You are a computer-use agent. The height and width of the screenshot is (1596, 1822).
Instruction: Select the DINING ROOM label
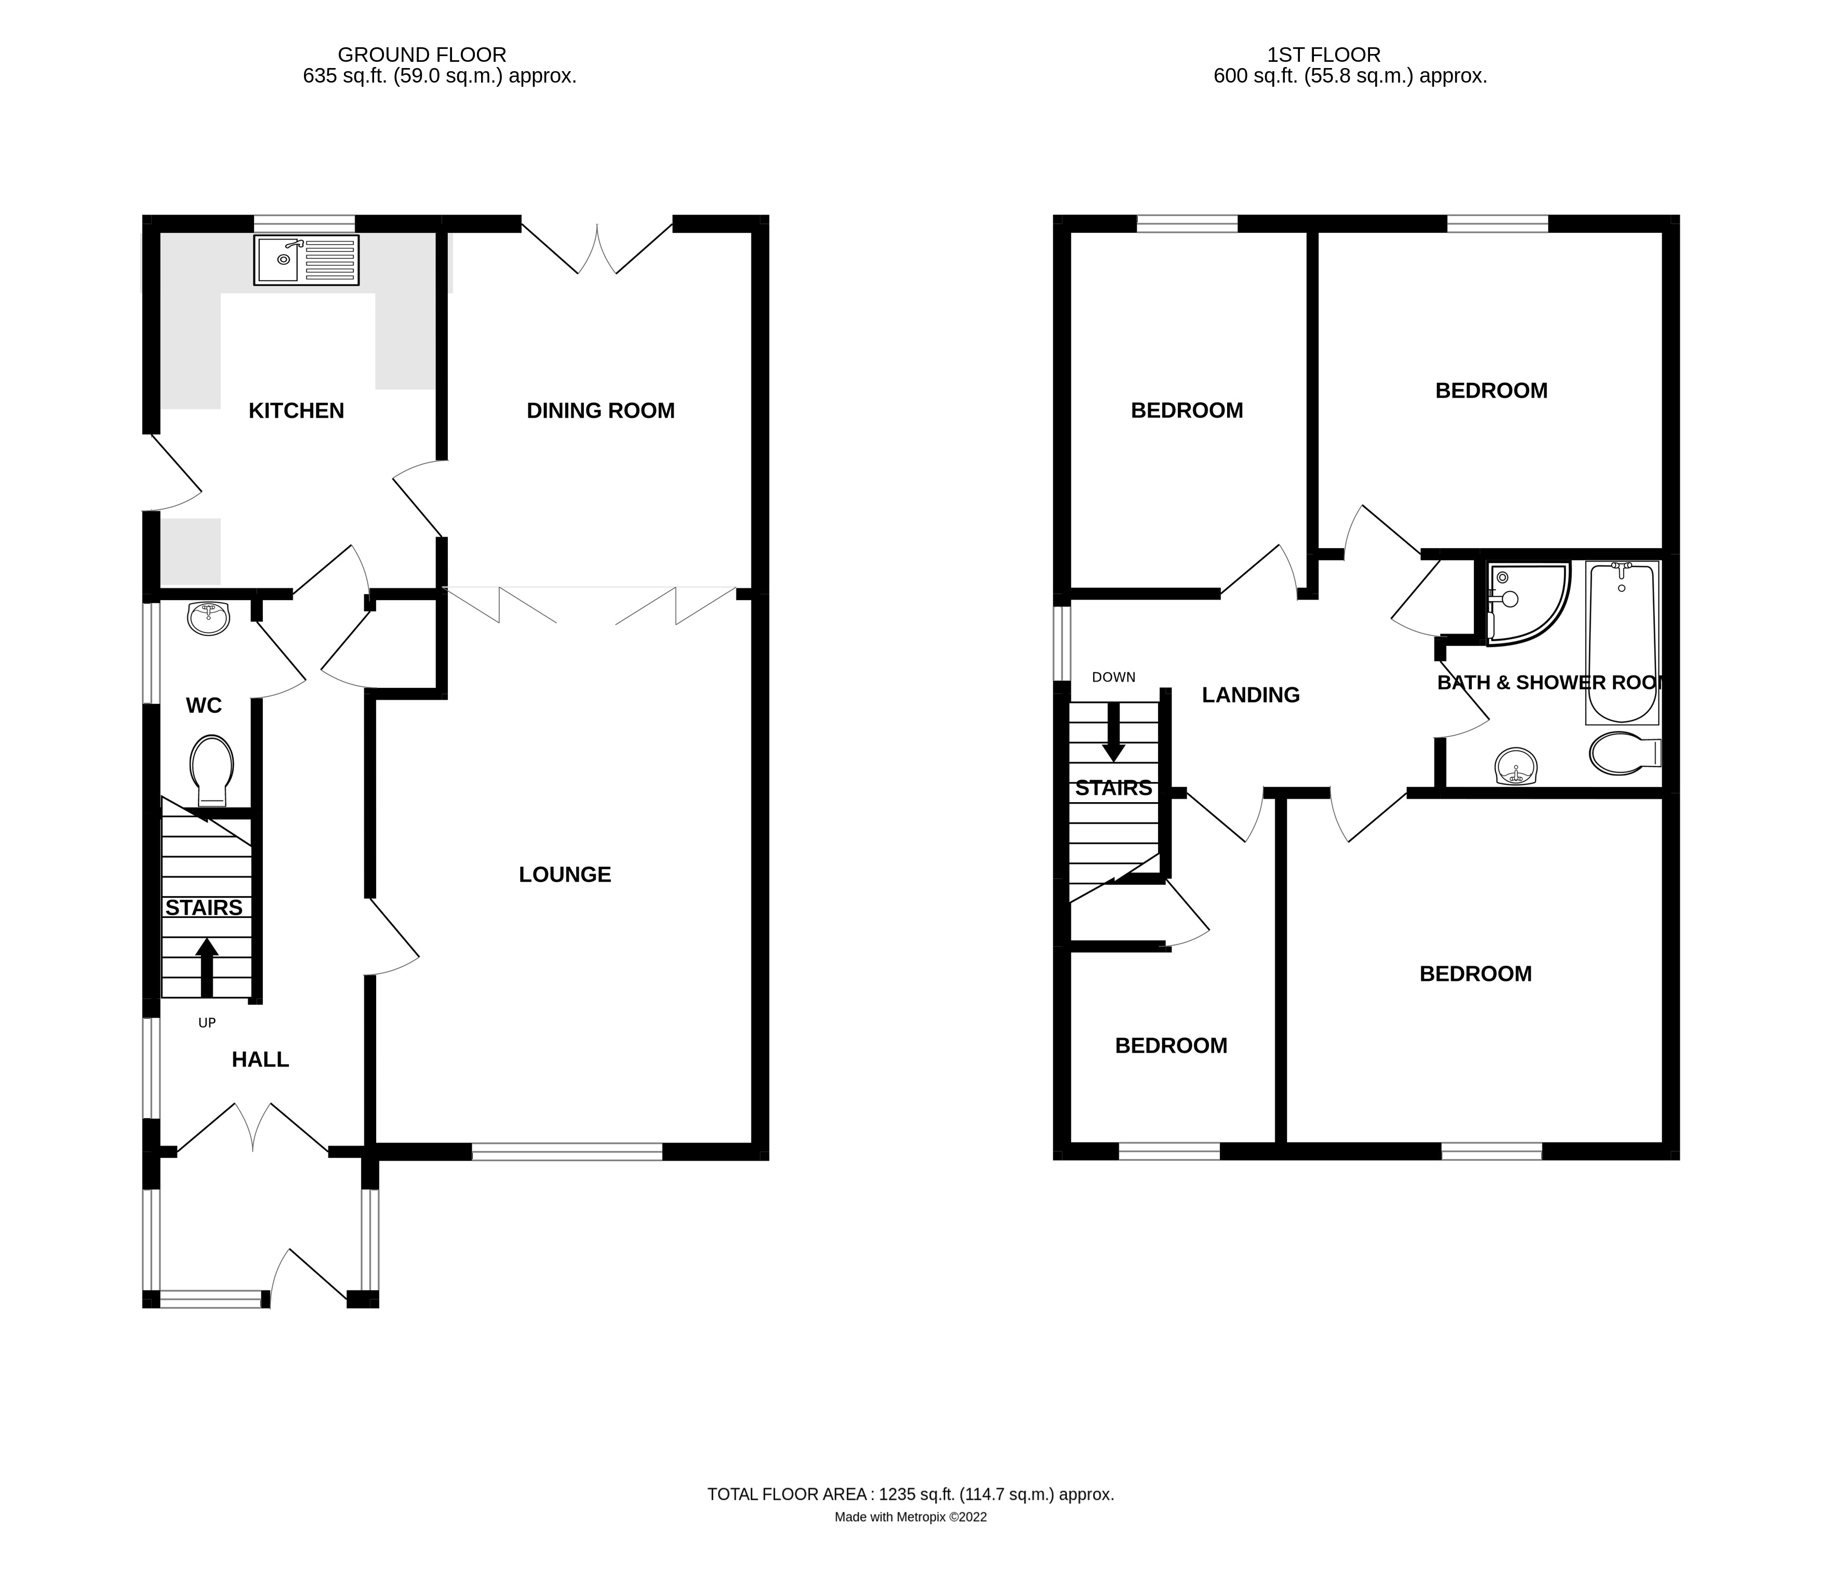(600, 410)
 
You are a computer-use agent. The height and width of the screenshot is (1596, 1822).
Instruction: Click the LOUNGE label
(565, 874)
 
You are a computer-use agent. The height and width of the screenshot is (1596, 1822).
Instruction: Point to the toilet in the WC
(211, 768)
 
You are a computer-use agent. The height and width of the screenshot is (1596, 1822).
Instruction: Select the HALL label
(260, 1059)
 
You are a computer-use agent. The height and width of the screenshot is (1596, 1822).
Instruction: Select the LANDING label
(1251, 695)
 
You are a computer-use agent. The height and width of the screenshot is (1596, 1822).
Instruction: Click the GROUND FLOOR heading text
(421, 55)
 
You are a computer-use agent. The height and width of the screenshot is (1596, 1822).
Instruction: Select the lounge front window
(567, 1152)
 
